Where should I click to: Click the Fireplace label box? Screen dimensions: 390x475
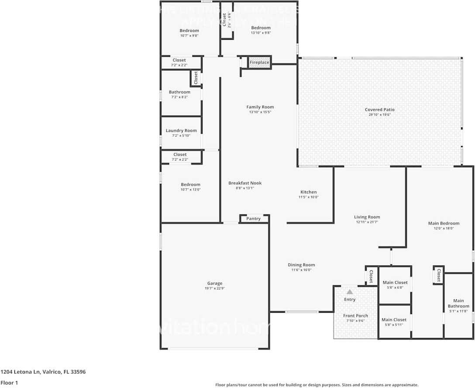tap(259, 62)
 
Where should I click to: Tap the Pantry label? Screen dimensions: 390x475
tap(253, 218)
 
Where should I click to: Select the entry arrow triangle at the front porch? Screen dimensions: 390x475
tap(350, 292)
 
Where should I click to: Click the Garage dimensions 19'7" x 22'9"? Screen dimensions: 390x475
tap(214, 288)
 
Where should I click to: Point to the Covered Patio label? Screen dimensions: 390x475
tap(379, 110)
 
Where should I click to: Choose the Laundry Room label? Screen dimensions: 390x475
tap(181, 130)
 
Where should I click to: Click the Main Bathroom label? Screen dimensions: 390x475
tap(458, 303)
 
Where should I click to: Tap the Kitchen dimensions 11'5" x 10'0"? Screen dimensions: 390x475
tap(308, 197)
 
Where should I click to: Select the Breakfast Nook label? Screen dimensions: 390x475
tap(245, 183)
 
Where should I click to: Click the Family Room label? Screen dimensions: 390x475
tap(260, 107)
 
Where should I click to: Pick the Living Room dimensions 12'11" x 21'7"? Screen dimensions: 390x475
tap(367, 222)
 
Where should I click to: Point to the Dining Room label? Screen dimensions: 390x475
tap(301, 265)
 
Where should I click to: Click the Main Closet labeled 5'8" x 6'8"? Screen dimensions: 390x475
tap(395, 283)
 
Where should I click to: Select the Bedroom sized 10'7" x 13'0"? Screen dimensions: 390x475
tap(191, 184)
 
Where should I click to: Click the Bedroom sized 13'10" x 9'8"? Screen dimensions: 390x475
tap(261, 28)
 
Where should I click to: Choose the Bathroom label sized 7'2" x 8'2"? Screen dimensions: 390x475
tap(179, 92)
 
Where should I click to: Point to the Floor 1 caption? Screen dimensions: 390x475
tap(9, 383)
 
